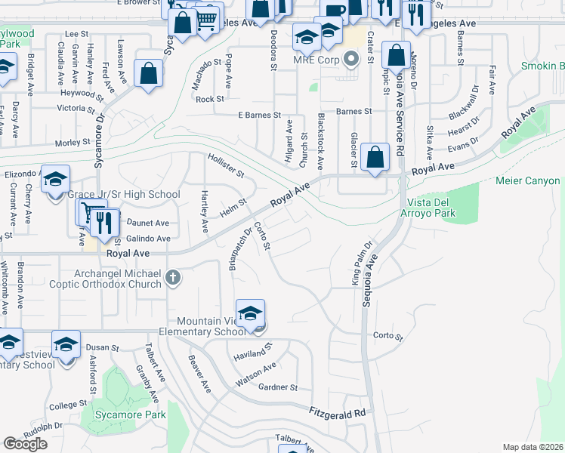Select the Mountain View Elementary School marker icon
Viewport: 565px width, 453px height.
pos(251,313)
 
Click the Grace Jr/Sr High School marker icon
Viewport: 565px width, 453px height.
pos(55,180)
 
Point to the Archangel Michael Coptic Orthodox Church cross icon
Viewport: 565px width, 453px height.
pos(173,278)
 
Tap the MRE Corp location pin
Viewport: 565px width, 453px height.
pos(350,58)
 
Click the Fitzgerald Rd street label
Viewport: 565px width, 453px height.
pos(337,412)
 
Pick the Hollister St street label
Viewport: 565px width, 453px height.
pos(227,165)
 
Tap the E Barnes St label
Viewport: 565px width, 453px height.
pos(259,116)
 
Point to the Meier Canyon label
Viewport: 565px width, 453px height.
pos(528,181)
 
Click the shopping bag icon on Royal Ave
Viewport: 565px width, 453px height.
pos(375,159)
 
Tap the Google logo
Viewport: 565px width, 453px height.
pos(25,444)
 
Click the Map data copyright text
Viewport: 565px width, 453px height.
pos(533,447)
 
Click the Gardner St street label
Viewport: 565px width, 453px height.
pos(279,387)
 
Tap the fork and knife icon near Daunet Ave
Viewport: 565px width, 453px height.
pos(104,223)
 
